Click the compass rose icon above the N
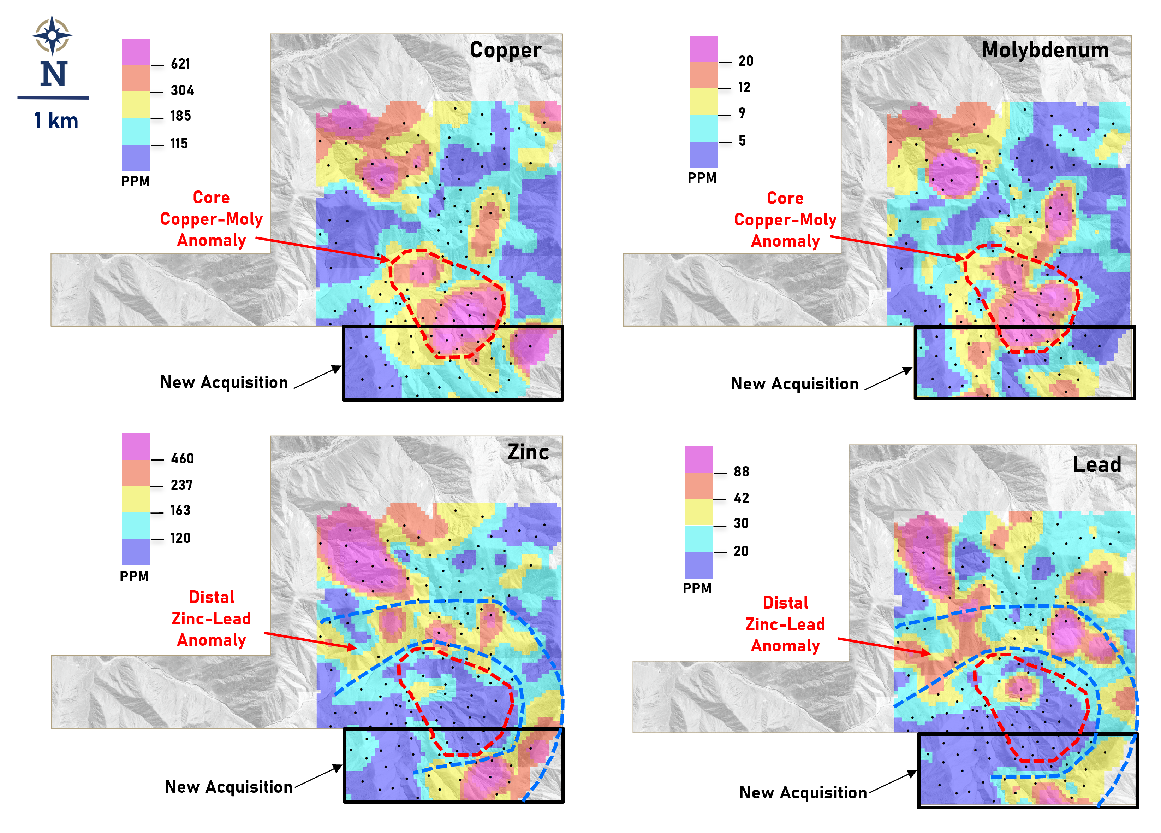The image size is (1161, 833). [x=52, y=35]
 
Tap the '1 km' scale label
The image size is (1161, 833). [x=56, y=121]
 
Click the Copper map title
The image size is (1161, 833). [x=505, y=50]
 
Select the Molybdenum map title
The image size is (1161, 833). [x=1045, y=50]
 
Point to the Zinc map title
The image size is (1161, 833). [x=528, y=452]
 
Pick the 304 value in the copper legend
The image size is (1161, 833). [x=182, y=91]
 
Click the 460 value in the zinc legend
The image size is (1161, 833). [x=182, y=458]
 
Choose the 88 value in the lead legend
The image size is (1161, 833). [x=741, y=472]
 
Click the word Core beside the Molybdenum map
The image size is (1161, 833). [x=785, y=198]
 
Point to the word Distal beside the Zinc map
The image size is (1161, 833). [x=212, y=597]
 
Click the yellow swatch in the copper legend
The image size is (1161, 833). [x=136, y=105]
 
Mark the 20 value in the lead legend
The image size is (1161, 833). [x=741, y=551]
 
